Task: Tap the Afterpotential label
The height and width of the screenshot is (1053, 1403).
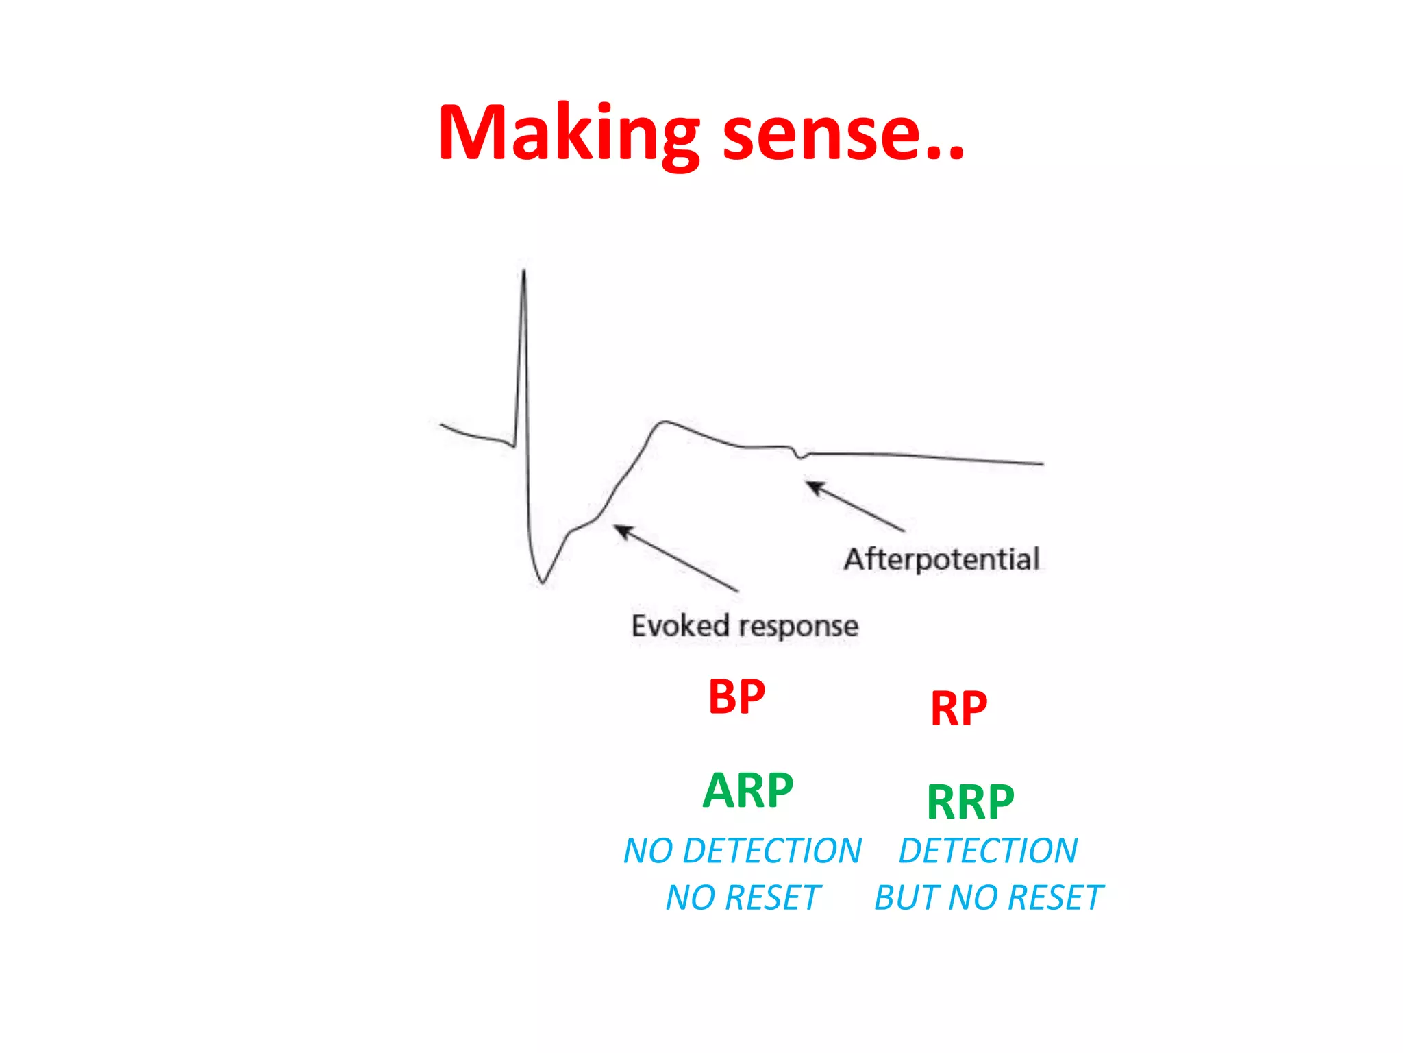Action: click(x=941, y=559)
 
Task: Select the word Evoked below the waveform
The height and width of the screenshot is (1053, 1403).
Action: click(x=680, y=625)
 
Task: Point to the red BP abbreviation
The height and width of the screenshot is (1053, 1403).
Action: click(x=736, y=697)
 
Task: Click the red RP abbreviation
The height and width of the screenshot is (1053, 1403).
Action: click(x=958, y=709)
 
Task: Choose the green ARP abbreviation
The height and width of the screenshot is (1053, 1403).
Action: click(x=748, y=790)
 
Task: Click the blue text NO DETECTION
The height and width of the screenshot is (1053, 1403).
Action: click(x=742, y=851)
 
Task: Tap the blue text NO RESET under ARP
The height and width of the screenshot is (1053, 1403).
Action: click(x=743, y=898)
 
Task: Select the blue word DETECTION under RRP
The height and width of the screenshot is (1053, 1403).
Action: click(x=988, y=851)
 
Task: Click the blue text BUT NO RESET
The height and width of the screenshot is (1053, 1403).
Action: click(x=989, y=898)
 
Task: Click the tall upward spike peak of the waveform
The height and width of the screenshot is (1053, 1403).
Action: click(x=524, y=273)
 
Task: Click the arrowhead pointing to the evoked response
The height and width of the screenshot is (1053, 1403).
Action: click(x=620, y=529)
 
